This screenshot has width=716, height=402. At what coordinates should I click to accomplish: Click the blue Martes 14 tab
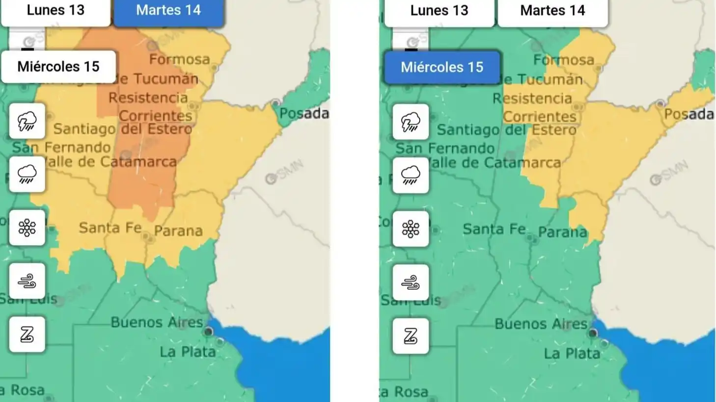[168, 11]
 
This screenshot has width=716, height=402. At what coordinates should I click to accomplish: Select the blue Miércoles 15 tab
[442, 67]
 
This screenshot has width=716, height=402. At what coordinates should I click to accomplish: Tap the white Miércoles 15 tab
[58, 67]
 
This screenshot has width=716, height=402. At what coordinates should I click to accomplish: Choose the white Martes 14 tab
[552, 11]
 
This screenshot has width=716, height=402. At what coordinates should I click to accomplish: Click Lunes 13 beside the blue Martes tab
[55, 11]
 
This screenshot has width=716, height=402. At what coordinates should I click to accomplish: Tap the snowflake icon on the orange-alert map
[27, 227]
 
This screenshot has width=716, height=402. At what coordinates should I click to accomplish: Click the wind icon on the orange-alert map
[27, 281]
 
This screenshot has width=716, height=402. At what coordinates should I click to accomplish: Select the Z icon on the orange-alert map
[27, 334]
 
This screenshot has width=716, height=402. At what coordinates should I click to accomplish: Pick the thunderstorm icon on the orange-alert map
[27, 121]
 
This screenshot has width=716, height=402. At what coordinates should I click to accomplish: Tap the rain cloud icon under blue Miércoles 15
[411, 175]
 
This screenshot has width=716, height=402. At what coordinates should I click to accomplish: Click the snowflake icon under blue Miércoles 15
[411, 228]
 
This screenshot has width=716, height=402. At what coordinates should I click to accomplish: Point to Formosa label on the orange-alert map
[180, 59]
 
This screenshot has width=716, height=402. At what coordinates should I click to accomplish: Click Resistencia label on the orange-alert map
[148, 98]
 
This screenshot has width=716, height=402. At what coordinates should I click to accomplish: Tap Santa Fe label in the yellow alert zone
[110, 228]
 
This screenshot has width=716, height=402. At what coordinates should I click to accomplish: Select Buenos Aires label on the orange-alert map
[157, 322]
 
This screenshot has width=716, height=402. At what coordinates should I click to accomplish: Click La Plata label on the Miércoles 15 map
[572, 353]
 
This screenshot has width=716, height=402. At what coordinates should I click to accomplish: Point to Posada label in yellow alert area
[689, 114]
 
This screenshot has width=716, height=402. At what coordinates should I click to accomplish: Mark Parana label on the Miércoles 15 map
[563, 232]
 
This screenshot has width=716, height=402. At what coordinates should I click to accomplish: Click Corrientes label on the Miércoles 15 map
[540, 117]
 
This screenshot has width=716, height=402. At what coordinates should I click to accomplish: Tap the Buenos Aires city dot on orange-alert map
[208, 332]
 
